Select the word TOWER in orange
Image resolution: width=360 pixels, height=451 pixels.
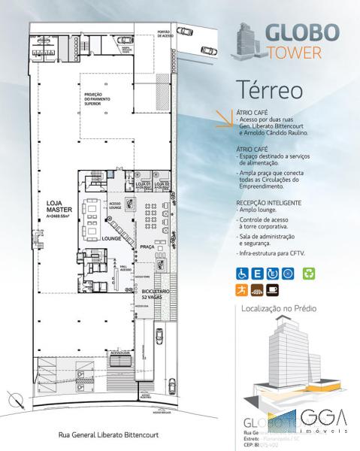296,53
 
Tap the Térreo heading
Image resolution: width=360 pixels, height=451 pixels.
269,88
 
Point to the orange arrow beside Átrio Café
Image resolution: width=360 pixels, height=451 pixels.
224,117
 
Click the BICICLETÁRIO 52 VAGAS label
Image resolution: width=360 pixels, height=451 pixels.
156,295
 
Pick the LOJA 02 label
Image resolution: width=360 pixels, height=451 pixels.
161,184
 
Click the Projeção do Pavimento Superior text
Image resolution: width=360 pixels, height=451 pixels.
98,101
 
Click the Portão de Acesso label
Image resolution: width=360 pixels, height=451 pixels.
165,35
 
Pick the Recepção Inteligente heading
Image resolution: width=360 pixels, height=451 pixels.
269,203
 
